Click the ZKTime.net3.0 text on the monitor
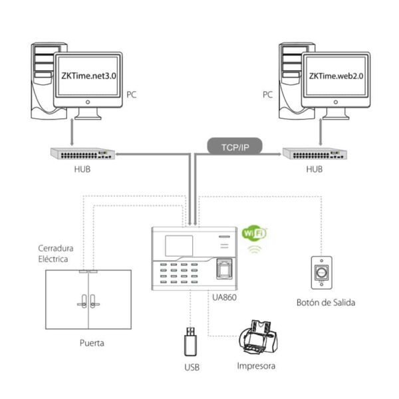(x=88, y=76)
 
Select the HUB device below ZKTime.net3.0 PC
(x=82, y=153)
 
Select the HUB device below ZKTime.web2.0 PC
(x=314, y=153)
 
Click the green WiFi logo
(x=253, y=234)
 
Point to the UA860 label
(x=224, y=297)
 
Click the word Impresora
(x=256, y=366)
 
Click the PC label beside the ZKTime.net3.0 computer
(x=132, y=95)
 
